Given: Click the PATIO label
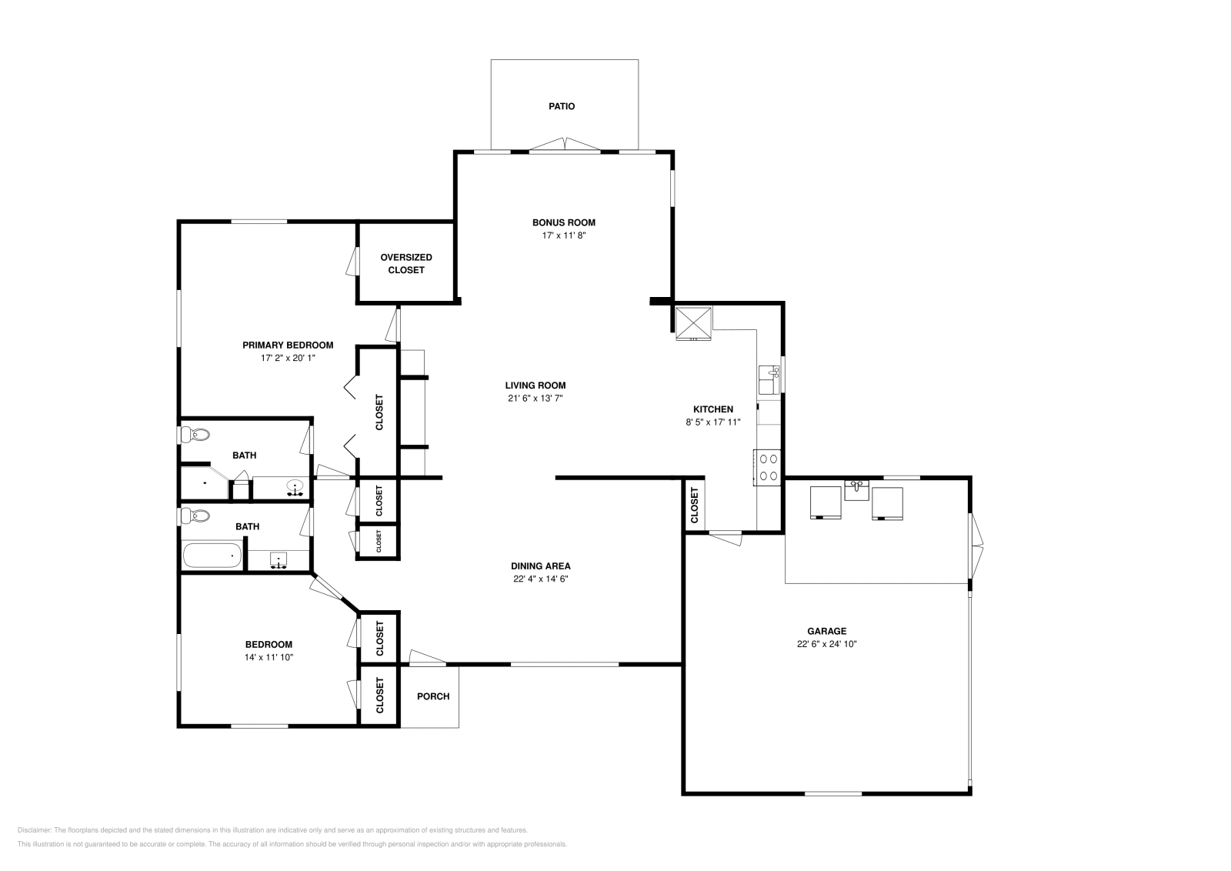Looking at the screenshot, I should point(561,106).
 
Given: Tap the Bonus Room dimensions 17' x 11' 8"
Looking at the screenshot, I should point(563,235).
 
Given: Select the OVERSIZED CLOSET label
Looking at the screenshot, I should point(405,263).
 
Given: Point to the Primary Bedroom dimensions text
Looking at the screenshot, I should point(288,358).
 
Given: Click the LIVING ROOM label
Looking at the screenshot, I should point(535,385).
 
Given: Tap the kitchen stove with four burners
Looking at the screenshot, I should point(769,466).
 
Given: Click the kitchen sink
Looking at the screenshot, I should point(769,379).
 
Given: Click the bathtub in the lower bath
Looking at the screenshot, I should point(212,556).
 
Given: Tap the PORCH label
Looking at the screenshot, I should point(432,696).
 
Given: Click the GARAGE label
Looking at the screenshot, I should point(826,631).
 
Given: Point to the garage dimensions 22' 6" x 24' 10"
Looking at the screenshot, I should point(826,644).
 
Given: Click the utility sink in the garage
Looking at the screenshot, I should point(856,489).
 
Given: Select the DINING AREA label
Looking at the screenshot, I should point(541,566).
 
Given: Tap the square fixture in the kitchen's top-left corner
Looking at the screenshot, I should point(693,322).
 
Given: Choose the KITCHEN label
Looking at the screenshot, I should point(713,409).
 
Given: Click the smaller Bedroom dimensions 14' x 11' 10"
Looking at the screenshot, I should point(269,657).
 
